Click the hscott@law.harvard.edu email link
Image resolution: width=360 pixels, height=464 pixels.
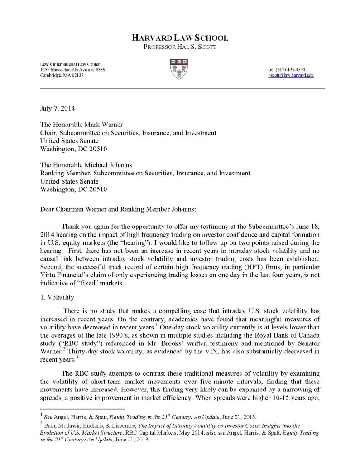coord(291,76)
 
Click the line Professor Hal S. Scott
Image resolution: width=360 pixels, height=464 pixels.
coord(180,48)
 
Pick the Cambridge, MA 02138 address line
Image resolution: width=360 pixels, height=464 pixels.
coord(62,76)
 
